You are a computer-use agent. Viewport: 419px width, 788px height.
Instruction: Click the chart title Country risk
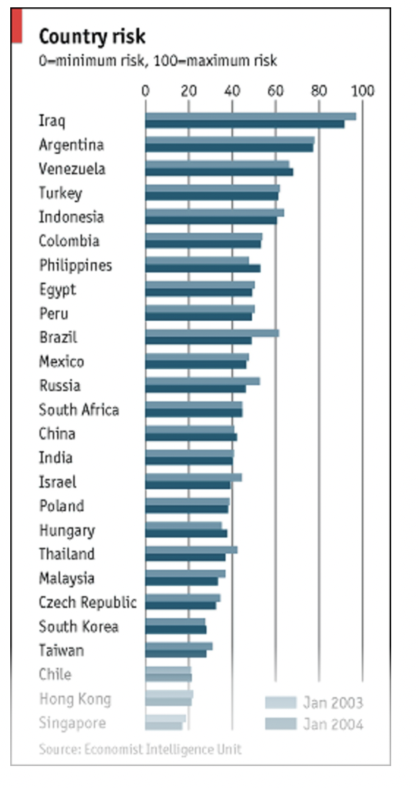tap(92, 37)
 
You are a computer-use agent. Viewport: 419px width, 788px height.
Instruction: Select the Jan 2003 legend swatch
tap(281, 703)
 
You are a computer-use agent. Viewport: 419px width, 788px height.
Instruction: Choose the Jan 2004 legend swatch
tap(281, 724)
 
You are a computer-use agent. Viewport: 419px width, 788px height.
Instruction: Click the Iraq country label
tap(52, 121)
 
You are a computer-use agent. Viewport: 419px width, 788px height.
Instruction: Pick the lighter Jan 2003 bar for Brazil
tap(212, 333)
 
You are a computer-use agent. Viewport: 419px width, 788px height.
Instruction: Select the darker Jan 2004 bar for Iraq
tap(245, 124)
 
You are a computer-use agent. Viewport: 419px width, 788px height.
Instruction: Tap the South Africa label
tap(78, 410)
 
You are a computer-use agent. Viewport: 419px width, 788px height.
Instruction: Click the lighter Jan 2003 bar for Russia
tap(202, 381)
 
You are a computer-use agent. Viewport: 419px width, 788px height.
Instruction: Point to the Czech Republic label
tap(87, 603)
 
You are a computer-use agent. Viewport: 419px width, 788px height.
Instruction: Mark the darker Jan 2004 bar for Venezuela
tap(219, 172)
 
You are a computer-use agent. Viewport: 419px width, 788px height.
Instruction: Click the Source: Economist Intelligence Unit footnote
tap(140, 749)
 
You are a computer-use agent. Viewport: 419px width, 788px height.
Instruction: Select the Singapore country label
tap(72, 724)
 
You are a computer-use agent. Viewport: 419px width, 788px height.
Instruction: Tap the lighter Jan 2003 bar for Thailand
tap(191, 549)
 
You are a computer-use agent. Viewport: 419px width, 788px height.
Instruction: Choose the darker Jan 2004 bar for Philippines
tap(203, 268)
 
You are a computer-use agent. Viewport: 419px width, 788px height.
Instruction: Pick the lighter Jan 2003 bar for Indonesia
tap(215, 212)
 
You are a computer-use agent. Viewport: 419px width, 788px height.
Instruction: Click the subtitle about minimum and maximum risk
tap(157, 61)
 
